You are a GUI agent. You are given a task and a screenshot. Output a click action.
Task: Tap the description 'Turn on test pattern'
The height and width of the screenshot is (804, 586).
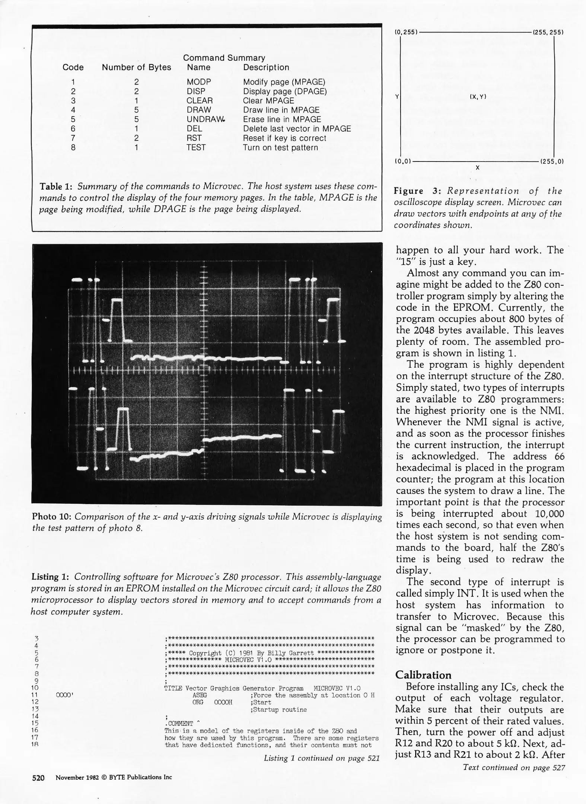(280, 148)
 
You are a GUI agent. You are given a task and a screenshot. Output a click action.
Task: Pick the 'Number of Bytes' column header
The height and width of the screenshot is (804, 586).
(136, 67)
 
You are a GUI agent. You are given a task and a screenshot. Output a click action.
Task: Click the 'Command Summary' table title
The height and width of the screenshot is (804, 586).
(224, 58)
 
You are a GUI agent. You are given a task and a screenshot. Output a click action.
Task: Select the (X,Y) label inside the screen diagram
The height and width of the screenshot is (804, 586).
(478, 97)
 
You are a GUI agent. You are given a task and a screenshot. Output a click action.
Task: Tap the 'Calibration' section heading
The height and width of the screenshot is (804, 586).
(423, 675)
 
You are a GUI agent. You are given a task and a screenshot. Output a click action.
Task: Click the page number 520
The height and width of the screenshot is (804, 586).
(38, 777)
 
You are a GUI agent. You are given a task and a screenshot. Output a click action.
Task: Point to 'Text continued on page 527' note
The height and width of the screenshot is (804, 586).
(514, 767)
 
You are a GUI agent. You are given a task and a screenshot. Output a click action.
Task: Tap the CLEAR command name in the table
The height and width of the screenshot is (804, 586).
(200, 101)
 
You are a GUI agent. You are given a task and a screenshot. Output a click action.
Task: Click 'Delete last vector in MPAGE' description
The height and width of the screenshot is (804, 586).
(297, 129)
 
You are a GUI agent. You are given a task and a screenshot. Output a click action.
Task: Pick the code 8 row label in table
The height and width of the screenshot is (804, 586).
(73, 148)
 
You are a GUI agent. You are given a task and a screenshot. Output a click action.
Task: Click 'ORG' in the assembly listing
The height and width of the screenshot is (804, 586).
(198, 702)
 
